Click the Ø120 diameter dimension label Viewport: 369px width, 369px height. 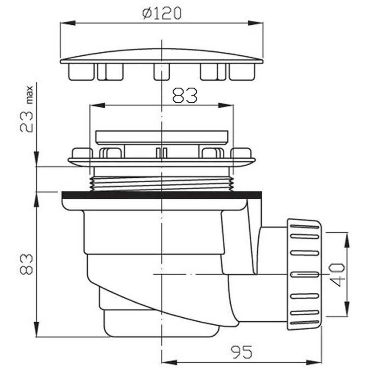tap(162, 14)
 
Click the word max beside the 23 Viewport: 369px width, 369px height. tap(30, 95)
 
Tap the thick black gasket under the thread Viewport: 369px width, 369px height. tap(162, 195)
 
